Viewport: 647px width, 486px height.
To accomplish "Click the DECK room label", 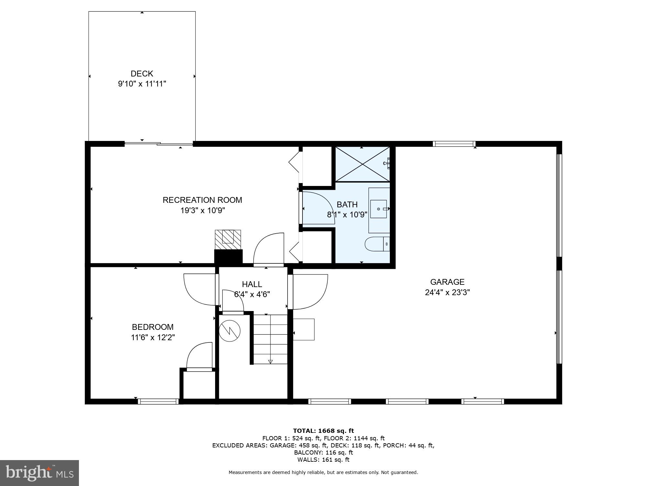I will click(x=142, y=74).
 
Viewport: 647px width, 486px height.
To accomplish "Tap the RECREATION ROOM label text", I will click(x=202, y=200).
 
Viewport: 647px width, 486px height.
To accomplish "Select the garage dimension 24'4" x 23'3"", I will click(x=447, y=293).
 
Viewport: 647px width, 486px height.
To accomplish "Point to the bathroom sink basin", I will click(x=378, y=209).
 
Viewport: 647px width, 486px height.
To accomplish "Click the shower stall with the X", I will click(x=362, y=164).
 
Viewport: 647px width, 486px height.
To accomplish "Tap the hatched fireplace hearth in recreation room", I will click(x=228, y=239).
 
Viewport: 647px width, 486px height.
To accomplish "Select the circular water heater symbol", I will click(x=230, y=330).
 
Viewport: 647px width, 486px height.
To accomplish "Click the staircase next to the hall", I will click(x=270, y=339).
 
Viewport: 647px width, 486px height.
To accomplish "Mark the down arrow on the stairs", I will click(x=270, y=362).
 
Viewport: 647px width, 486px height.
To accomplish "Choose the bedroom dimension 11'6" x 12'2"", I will click(x=153, y=338).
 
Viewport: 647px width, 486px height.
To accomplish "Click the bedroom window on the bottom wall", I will click(x=158, y=401).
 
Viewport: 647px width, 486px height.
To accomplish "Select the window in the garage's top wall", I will click(x=454, y=144).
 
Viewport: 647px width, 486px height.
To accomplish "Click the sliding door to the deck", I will click(x=159, y=143).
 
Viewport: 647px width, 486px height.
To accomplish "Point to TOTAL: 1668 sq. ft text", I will click(x=323, y=431).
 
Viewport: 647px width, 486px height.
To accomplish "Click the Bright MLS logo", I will click(x=39, y=473).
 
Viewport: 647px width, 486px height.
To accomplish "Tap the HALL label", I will click(x=252, y=284).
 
